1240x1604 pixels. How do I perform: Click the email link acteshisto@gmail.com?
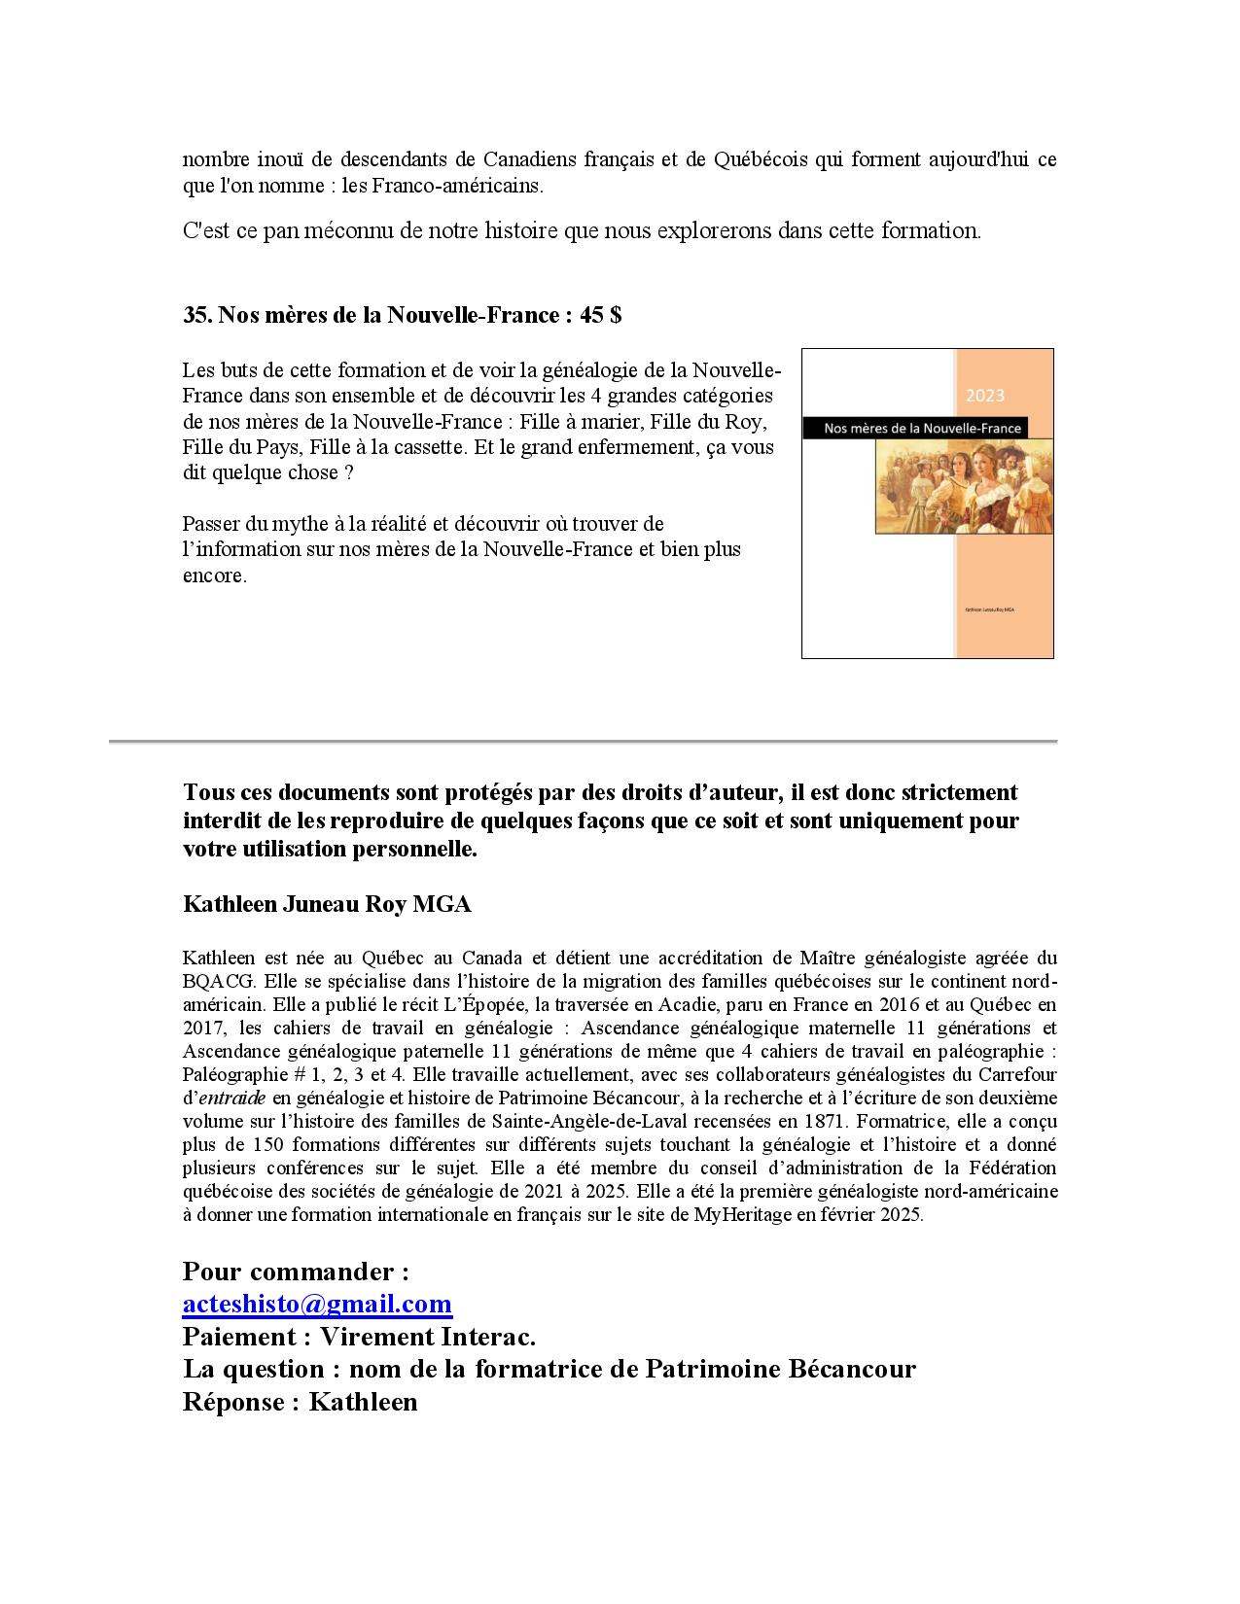(317, 1304)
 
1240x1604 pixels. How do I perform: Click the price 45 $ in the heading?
(600, 315)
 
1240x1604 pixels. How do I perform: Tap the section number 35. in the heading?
(197, 315)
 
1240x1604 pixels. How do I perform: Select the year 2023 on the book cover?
(985, 396)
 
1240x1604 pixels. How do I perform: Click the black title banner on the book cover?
(913, 428)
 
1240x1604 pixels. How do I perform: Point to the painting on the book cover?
(963, 487)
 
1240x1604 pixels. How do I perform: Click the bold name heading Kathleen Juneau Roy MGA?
(327, 904)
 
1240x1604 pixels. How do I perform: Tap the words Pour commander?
(296, 1272)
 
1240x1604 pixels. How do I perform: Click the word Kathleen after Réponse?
(363, 1402)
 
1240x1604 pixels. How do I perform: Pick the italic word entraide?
(231, 1098)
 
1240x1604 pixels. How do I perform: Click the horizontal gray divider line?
(584, 742)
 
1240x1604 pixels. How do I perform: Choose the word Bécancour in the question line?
(850, 1369)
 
